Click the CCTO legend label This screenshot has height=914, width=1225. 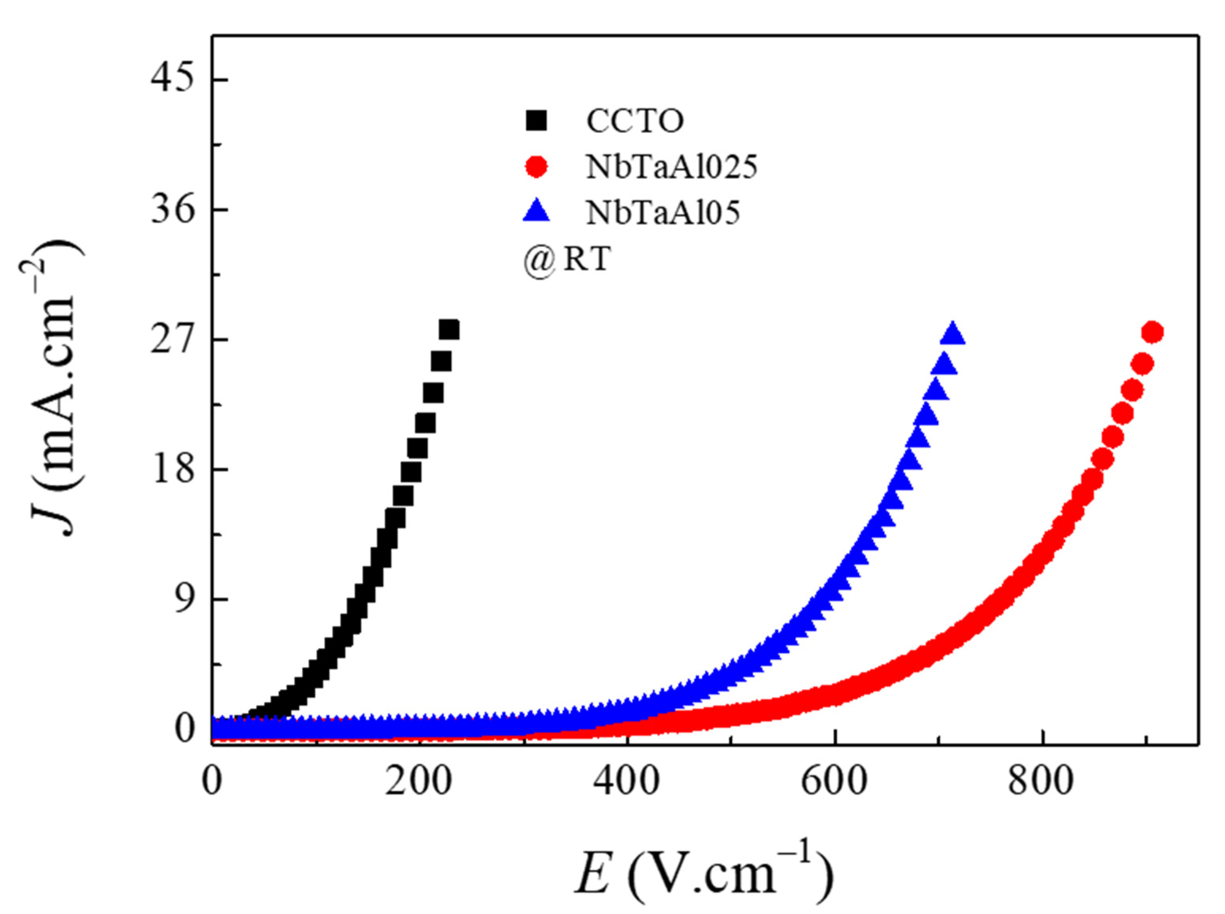[x=635, y=121]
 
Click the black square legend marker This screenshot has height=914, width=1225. [x=536, y=120]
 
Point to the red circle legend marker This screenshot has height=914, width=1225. [x=536, y=166]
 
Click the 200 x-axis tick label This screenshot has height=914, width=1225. [x=419, y=783]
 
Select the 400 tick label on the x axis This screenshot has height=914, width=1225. [x=627, y=783]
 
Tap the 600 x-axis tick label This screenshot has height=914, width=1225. [x=834, y=783]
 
